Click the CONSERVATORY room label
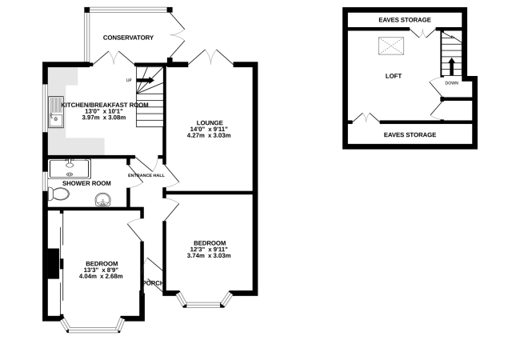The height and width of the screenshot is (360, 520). [128, 38]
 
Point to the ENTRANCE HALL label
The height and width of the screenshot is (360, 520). [146, 175]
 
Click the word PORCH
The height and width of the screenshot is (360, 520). [153, 282]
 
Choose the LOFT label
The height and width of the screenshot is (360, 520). [393, 76]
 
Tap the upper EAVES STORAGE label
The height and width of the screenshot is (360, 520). [405, 19]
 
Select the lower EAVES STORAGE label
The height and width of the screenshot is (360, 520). [410, 134]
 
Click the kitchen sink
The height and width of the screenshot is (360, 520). [55, 113]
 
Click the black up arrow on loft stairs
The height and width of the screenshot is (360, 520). [452, 65]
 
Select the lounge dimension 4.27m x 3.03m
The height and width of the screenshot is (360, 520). [208, 135]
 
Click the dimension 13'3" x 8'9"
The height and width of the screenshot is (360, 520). [102, 270]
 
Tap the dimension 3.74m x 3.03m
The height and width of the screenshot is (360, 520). [209, 255]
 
